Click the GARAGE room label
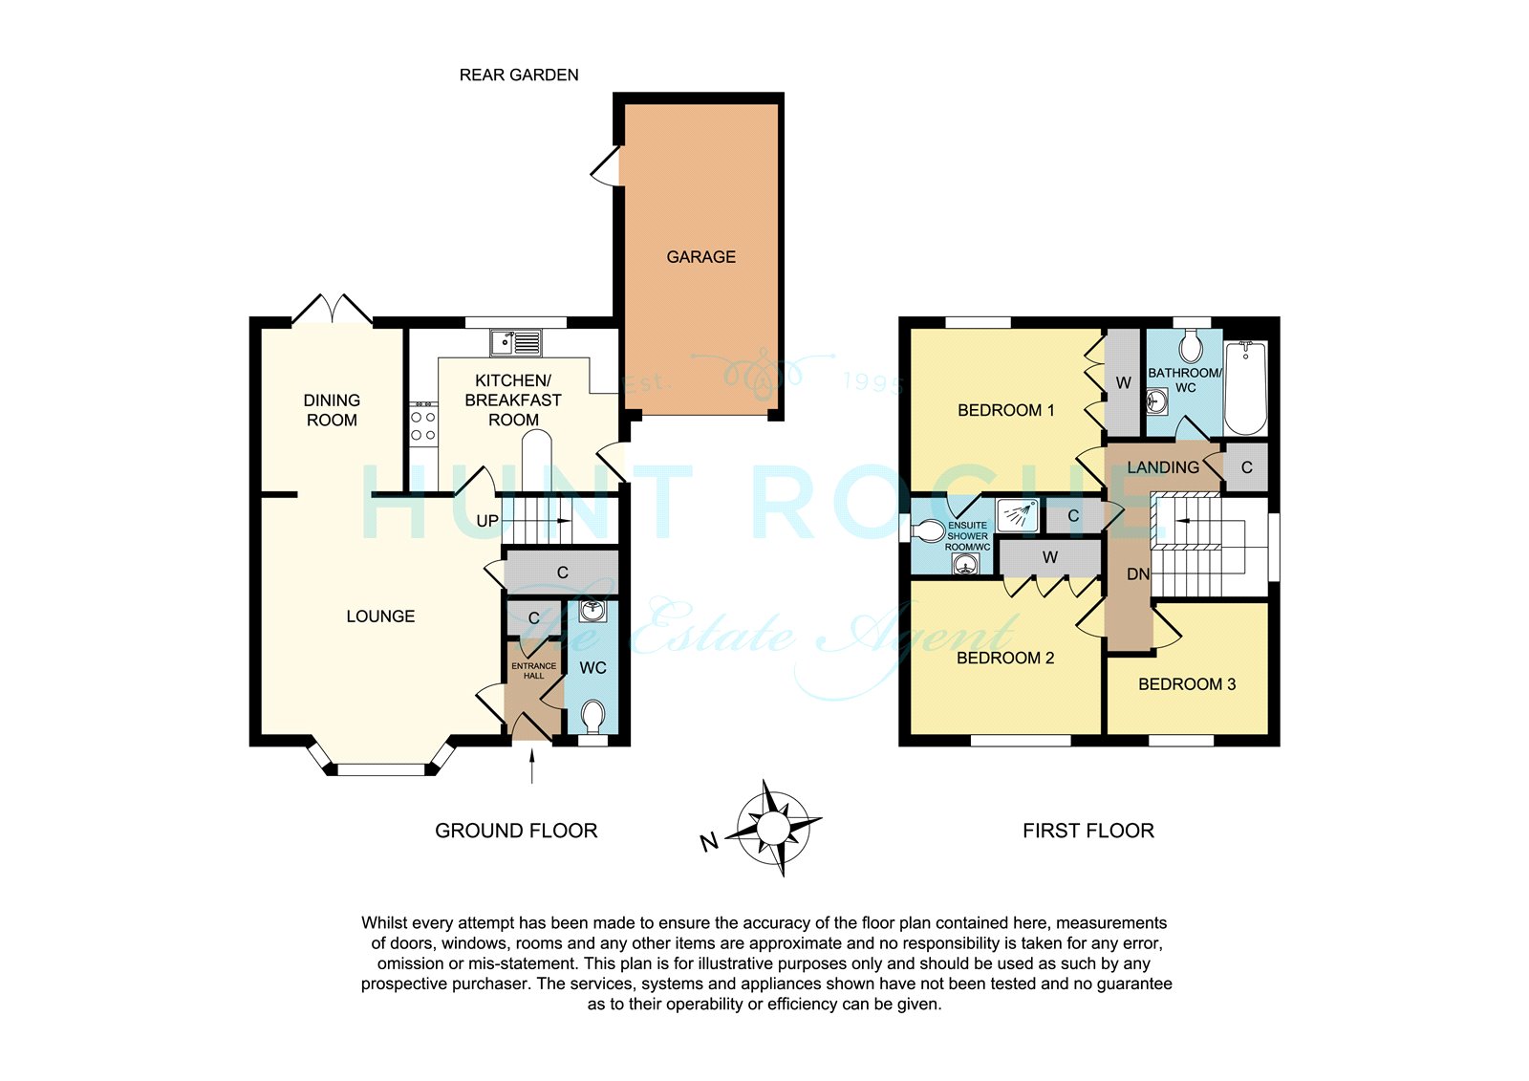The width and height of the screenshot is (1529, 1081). click(701, 257)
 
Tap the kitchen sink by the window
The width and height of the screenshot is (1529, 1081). click(516, 343)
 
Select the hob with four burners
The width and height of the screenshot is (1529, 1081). click(423, 424)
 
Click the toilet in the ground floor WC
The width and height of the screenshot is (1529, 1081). click(592, 718)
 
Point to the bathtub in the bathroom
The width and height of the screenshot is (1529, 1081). click(1246, 388)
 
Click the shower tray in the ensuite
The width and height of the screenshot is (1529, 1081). click(1018, 515)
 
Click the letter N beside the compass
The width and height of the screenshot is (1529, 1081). click(709, 842)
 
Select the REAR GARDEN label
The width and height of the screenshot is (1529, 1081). click(519, 76)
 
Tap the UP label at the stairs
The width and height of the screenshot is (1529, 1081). click(487, 521)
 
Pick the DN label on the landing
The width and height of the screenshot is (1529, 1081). click(1138, 574)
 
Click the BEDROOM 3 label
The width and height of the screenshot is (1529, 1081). click(1187, 684)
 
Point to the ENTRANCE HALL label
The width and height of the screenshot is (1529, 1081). click(534, 671)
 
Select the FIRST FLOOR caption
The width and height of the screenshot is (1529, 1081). click(1088, 831)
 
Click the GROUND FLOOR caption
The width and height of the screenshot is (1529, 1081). click(516, 831)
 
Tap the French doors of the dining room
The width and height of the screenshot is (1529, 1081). click(333, 310)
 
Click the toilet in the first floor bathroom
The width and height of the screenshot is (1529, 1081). click(1191, 346)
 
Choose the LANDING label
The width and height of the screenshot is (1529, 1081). click(1163, 467)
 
